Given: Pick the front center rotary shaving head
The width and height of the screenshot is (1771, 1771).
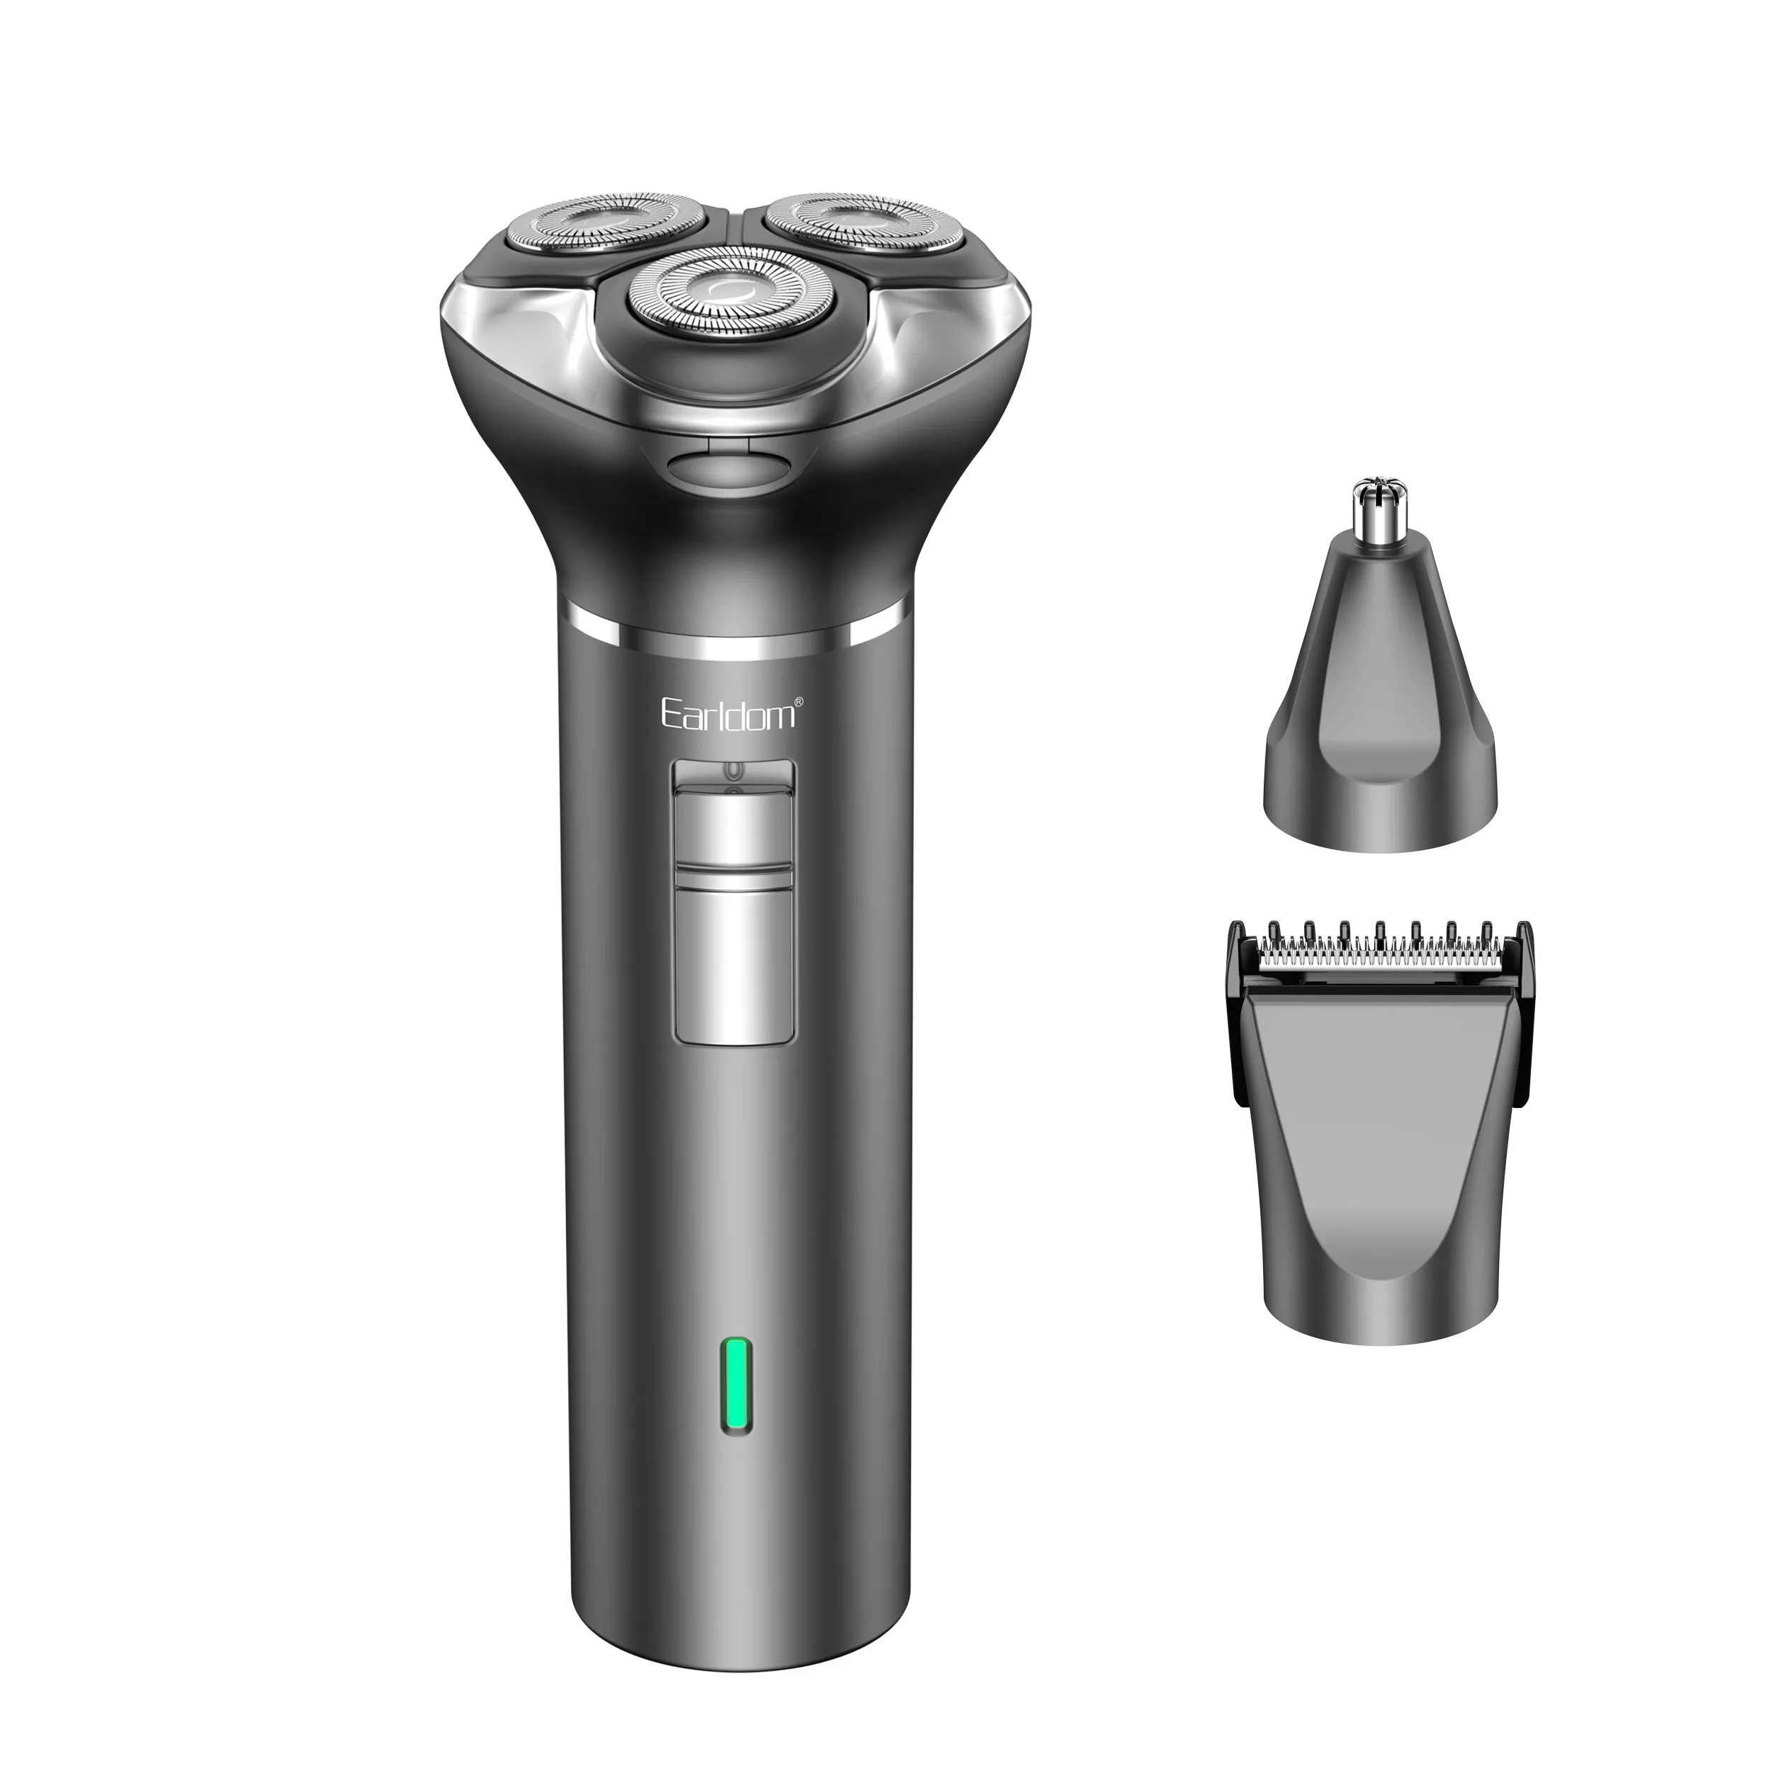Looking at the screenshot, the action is point(730,293).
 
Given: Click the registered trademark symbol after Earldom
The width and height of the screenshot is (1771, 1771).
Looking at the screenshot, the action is point(798,702).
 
